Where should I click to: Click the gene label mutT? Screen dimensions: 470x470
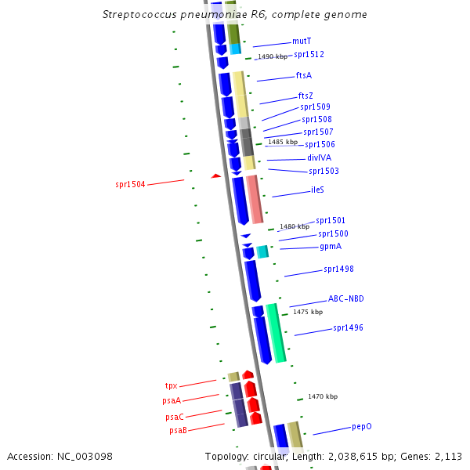coord(302,40)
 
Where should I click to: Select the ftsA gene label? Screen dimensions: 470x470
coord(304,76)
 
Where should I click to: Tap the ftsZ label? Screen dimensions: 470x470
coord(305,96)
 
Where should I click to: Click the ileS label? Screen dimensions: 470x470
coord(317,190)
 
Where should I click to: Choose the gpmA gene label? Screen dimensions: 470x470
coord(331,247)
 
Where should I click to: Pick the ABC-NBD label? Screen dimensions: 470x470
coord(345,299)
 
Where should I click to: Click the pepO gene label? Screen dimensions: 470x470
coord(361,427)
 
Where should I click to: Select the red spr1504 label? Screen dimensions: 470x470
coord(130,185)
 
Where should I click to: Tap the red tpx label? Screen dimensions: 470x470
coord(172,386)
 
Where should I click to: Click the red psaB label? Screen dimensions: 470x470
coord(178,430)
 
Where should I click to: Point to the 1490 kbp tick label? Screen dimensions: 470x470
coord(273,57)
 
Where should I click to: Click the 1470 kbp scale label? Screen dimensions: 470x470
coord(322,397)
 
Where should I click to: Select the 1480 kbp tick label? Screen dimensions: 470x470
coord(294,227)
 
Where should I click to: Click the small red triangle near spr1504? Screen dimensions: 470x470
coord(215,176)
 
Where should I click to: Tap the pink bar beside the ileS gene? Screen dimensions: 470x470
coord(255,199)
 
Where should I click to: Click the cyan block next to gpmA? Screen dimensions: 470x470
coord(262,251)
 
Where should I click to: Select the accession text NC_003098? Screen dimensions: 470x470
coord(86,456)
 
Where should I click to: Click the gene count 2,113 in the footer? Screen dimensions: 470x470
coord(449,456)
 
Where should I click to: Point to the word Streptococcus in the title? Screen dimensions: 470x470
coord(136,15)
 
